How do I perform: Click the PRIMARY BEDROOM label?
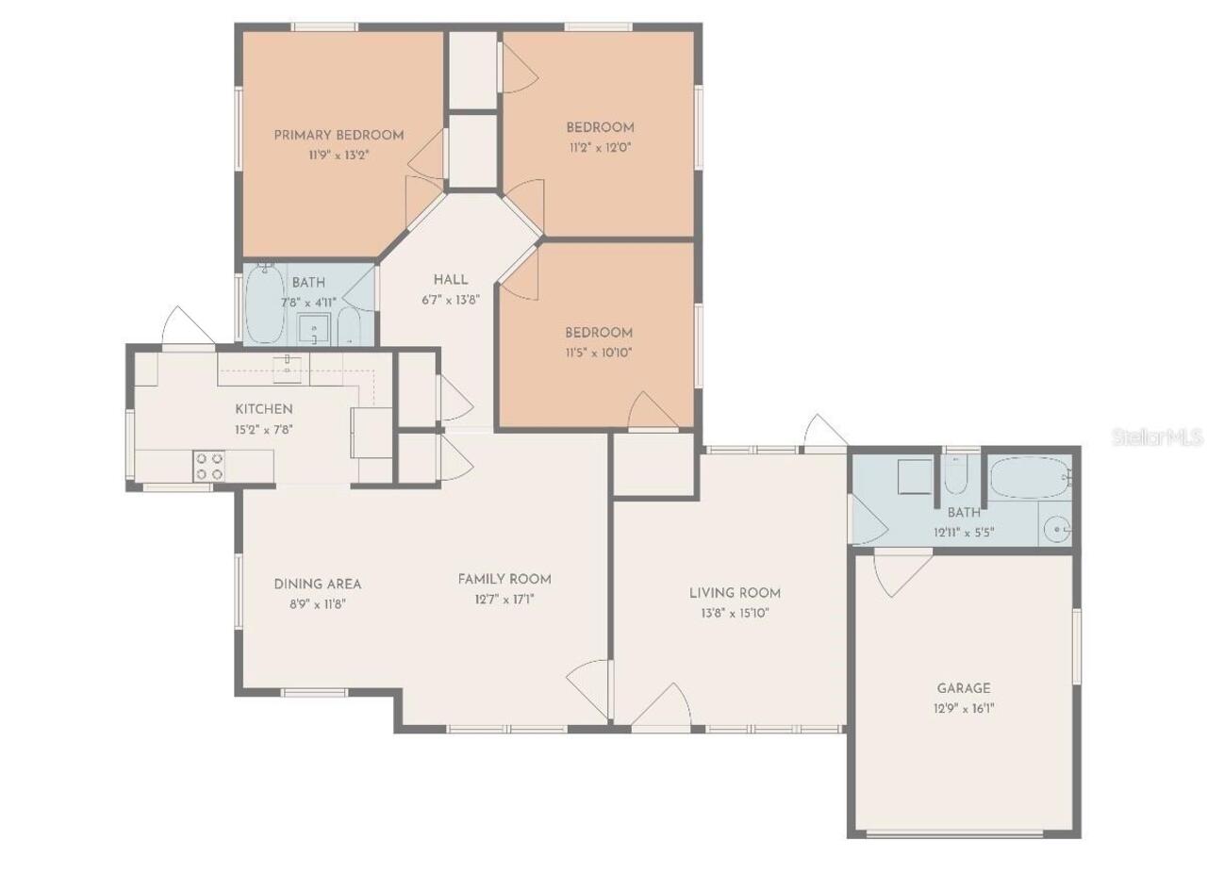click(339, 135)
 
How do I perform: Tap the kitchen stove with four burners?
click(209, 466)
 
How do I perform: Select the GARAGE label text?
click(964, 689)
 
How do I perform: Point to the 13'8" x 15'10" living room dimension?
click(735, 613)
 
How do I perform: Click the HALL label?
click(451, 280)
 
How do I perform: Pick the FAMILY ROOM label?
click(504, 579)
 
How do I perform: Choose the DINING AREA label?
click(318, 585)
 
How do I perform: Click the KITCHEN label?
click(264, 409)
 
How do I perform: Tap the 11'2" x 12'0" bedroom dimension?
click(601, 148)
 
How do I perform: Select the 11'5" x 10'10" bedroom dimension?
click(599, 353)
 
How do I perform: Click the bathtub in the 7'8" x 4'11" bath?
click(265, 305)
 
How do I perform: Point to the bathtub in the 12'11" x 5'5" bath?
click(1029, 477)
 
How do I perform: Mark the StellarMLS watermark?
click(1157, 437)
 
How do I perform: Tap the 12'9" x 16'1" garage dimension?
click(964, 709)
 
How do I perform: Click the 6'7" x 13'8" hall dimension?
click(451, 300)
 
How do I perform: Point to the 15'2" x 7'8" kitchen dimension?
click(264, 430)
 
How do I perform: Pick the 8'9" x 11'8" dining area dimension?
click(318, 604)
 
